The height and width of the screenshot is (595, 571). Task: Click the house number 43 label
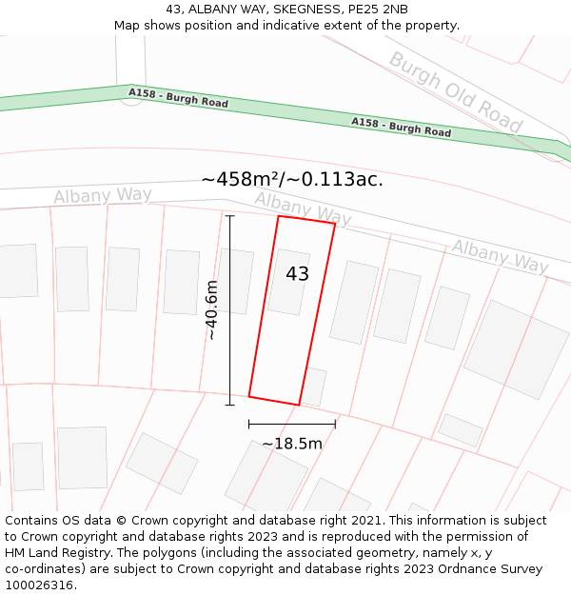tap(298, 274)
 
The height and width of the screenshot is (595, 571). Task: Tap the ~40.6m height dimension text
tap(211, 310)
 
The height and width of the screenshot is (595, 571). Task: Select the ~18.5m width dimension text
tap(292, 444)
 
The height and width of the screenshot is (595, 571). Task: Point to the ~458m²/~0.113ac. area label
tap(292, 179)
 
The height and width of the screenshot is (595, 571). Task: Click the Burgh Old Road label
tap(456, 91)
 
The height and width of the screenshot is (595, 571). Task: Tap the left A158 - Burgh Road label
tap(179, 98)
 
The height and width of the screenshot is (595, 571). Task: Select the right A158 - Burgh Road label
tap(401, 127)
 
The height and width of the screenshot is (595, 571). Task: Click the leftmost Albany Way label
tap(103, 196)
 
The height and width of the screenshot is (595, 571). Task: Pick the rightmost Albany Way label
tap(500, 256)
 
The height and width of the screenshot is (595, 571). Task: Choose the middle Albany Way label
tap(303, 210)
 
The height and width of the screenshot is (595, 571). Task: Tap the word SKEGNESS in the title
tap(297, 10)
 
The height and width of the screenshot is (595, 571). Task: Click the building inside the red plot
tap(288, 282)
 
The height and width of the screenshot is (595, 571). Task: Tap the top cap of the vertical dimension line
tap(229, 216)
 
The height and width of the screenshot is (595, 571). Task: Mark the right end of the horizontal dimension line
tap(335, 424)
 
